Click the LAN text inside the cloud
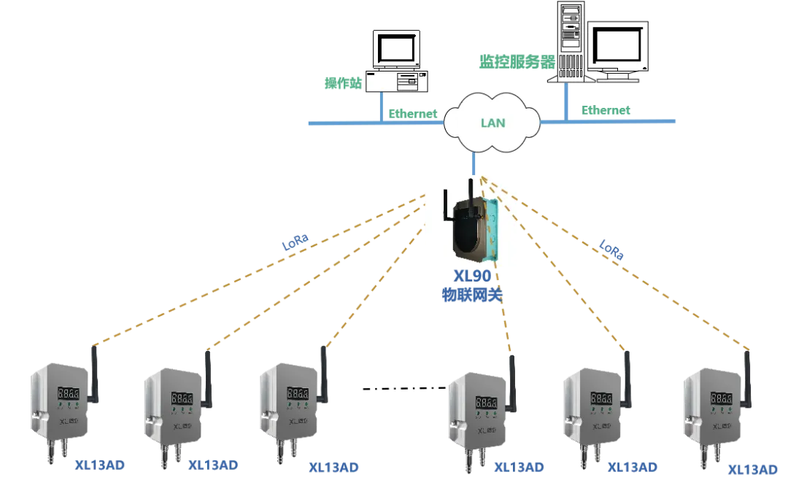coord(492,123)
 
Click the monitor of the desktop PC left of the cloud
coord(397,50)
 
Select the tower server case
coord(569,40)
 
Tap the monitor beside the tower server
coord(617,47)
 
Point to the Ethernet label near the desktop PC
coord(413,113)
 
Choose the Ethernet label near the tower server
coord(604,110)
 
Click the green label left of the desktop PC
coord(343,85)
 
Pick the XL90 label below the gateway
coord(471,277)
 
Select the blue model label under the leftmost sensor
coord(101,464)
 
